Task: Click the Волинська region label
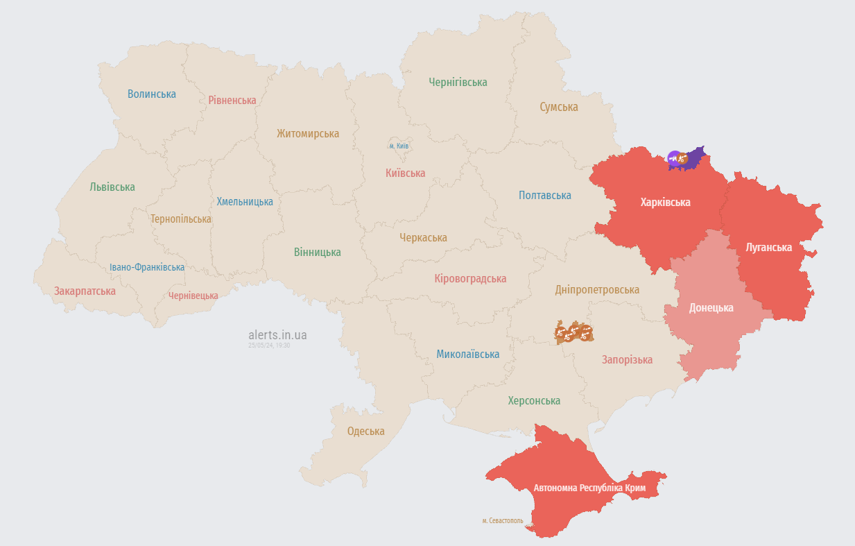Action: [151, 94]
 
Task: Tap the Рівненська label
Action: [232, 100]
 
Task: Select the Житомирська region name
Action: [307, 133]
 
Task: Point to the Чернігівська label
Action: [457, 82]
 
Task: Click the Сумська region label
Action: [558, 107]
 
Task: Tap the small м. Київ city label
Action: [399, 146]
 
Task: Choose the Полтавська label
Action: [544, 195]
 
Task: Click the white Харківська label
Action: [665, 203]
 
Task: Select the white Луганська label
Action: [768, 247]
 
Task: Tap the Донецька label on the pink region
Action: [711, 307]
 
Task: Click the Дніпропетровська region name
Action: [596, 289]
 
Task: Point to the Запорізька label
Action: [627, 359]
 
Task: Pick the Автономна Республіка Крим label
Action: [589, 488]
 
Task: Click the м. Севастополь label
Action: [502, 520]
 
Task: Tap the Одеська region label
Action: [365, 431]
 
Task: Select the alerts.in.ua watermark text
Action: [277, 335]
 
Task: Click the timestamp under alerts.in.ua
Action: [269, 345]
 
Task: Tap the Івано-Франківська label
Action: [147, 267]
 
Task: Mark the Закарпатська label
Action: [85, 291]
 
